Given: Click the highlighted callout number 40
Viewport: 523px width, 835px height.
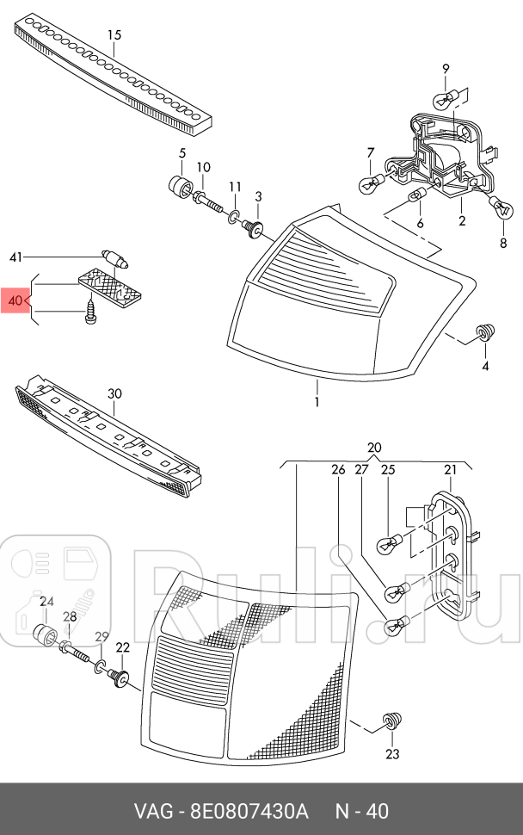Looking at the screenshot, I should point(15,301).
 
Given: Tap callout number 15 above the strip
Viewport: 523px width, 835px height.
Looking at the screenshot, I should point(114,35).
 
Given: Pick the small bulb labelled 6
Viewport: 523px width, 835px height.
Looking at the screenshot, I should point(418,197).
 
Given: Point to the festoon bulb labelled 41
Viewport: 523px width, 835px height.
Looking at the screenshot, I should point(114,256).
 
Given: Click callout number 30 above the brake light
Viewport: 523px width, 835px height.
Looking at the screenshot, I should point(114,393).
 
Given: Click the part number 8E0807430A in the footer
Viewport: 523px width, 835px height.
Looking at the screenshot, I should point(246,811).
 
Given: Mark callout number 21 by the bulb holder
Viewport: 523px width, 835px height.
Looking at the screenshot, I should point(450,469).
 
